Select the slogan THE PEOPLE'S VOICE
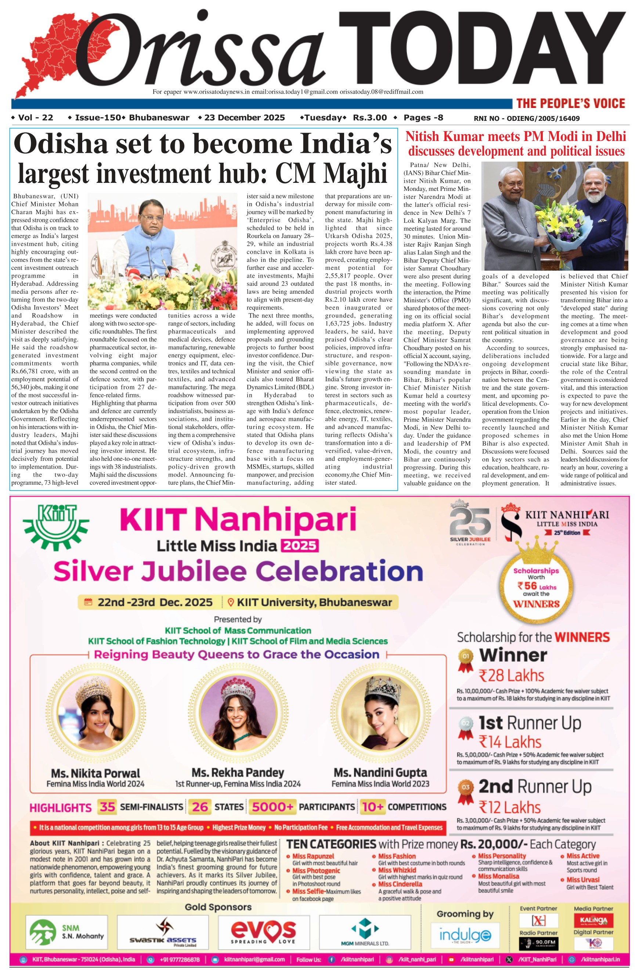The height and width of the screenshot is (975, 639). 570,103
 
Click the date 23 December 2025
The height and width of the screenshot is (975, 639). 244,118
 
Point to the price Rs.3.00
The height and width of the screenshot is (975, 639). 369,118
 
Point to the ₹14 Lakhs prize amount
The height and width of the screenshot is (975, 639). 510,742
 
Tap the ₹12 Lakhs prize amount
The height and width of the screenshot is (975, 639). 510,808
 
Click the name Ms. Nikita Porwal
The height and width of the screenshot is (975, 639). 95,773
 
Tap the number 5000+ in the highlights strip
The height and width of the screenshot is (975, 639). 272,807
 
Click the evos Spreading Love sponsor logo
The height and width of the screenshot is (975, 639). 263,932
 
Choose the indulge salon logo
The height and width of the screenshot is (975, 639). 465,935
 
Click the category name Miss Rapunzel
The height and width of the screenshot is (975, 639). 313,856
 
